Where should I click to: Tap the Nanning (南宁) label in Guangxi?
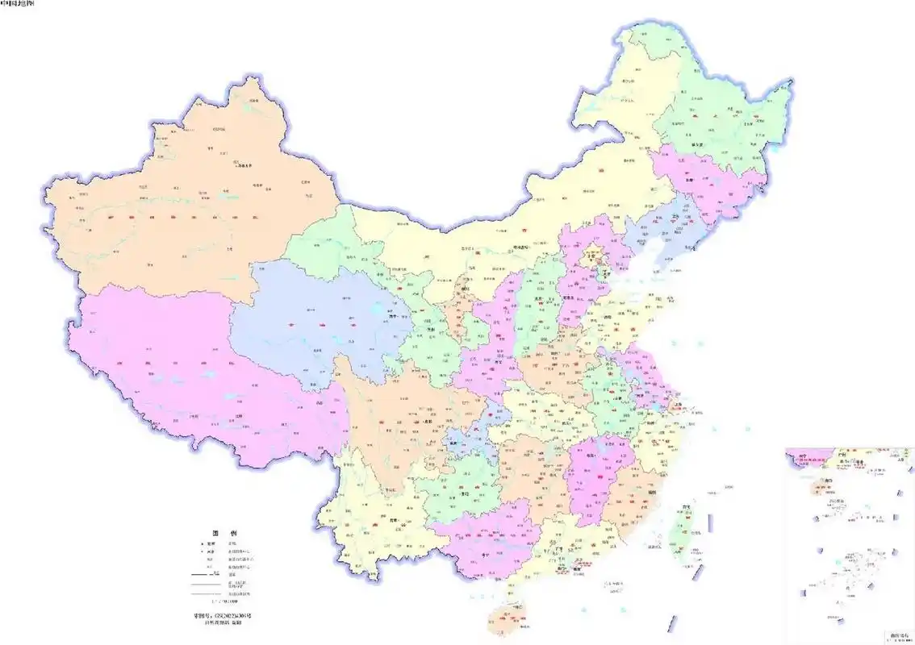point(485,555)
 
